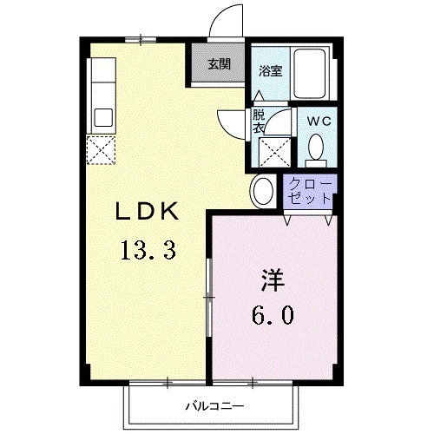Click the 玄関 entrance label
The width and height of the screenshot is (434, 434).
pos(219,63)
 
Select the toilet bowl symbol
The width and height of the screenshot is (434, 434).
pos(317,148)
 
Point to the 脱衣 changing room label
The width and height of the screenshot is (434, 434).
pos(259,120)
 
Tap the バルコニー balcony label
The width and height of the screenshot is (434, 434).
pos(213,405)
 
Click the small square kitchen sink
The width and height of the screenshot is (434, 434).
pos(103,116)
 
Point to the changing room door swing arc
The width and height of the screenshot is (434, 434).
pos(228,122)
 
